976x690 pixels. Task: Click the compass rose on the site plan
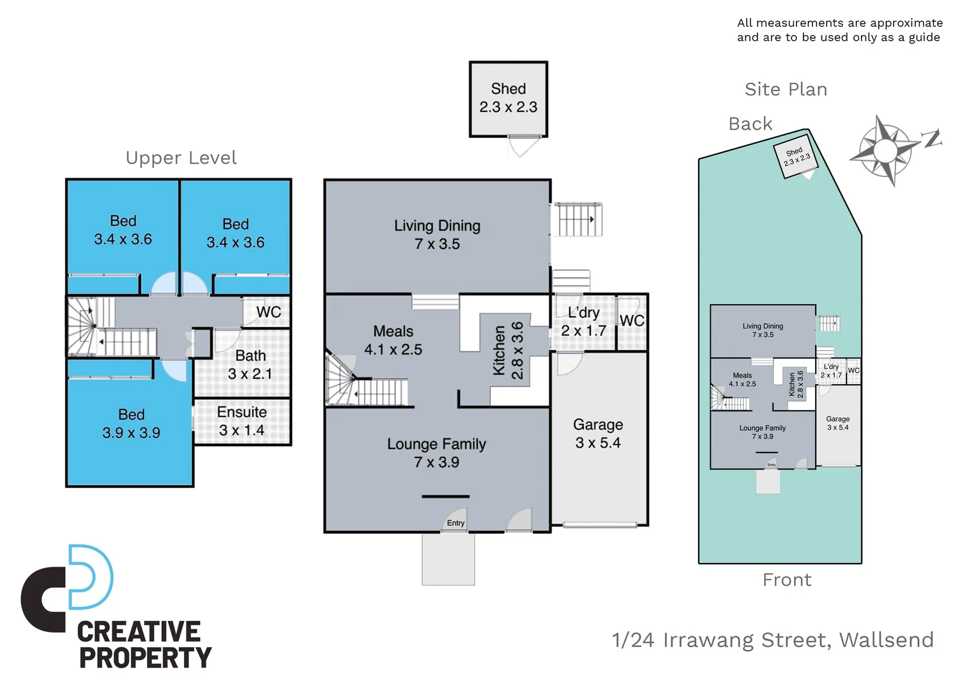tap(885, 151)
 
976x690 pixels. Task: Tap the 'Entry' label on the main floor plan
tap(455, 523)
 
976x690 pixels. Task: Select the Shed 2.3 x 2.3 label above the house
tap(508, 98)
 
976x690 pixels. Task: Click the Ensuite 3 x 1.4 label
tap(241, 421)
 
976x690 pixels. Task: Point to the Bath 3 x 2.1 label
tap(250, 364)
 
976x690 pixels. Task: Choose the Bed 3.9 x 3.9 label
tap(131, 424)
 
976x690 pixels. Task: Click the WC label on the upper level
tap(268, 312)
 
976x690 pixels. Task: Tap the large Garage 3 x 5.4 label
tap(598, 434)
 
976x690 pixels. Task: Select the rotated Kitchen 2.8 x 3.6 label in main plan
tap(508, 350)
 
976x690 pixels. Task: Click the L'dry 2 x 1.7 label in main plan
tap(583, 321)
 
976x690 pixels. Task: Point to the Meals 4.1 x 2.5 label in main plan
tap(393, 340)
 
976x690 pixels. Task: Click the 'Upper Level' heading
tap(181, 158)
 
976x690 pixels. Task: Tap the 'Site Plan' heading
tap(786, 89)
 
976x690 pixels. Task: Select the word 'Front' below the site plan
tap(787, 579)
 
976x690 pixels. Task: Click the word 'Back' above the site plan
tap(751, 124)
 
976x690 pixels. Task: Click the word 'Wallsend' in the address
tap(887, 640)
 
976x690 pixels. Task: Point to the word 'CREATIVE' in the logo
tap(139, 631)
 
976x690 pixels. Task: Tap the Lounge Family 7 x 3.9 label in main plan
tap(436, 453)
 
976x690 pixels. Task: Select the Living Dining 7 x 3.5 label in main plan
tap(437, 234)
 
